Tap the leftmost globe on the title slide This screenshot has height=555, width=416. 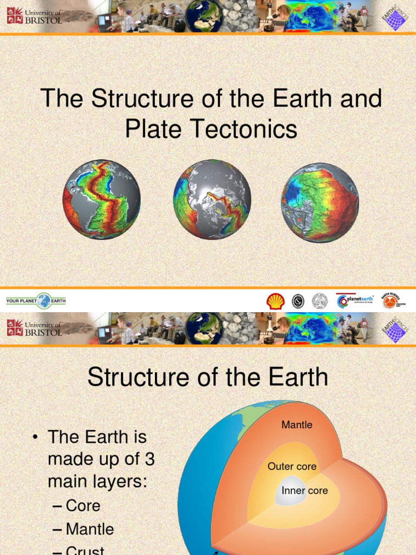(102, 199)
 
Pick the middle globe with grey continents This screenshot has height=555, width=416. (212, 199)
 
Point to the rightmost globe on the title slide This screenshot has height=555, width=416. (320, 202)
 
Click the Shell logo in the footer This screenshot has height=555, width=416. (276, 301)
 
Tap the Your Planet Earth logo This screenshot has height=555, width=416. (36, 301)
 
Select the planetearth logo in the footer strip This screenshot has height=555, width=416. (355, 301)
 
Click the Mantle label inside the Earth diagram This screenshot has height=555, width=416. (297, 425)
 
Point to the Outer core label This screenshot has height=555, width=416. (292, 467)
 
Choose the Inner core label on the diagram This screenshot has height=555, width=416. (304, 491)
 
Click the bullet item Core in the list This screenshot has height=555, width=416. (83, 506)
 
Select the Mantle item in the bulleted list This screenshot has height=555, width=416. (90, 529)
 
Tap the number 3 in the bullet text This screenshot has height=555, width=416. (149, 459)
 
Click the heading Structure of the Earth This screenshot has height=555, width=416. (207, 377)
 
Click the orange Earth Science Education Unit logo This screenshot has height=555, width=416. (391, 301)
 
